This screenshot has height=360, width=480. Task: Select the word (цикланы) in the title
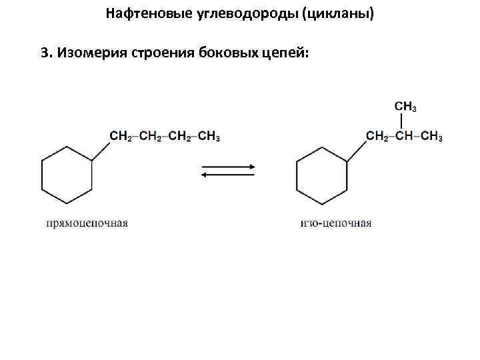tap(338, 13)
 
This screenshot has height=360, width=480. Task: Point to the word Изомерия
tap(90, 53)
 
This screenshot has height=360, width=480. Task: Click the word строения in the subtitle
tap(162, 53)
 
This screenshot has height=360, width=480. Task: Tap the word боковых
tap(226, 53)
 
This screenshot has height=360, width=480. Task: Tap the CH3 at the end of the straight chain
tap(209, 137)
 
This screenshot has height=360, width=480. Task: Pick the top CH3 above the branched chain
tap(406, 107)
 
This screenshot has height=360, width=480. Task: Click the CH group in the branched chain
tap(405, 137)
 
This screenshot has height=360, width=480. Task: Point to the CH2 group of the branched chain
tap(377, 137)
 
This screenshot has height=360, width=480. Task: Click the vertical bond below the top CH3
tap(403, 121)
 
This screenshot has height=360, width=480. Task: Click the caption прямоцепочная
tap(87, 223)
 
